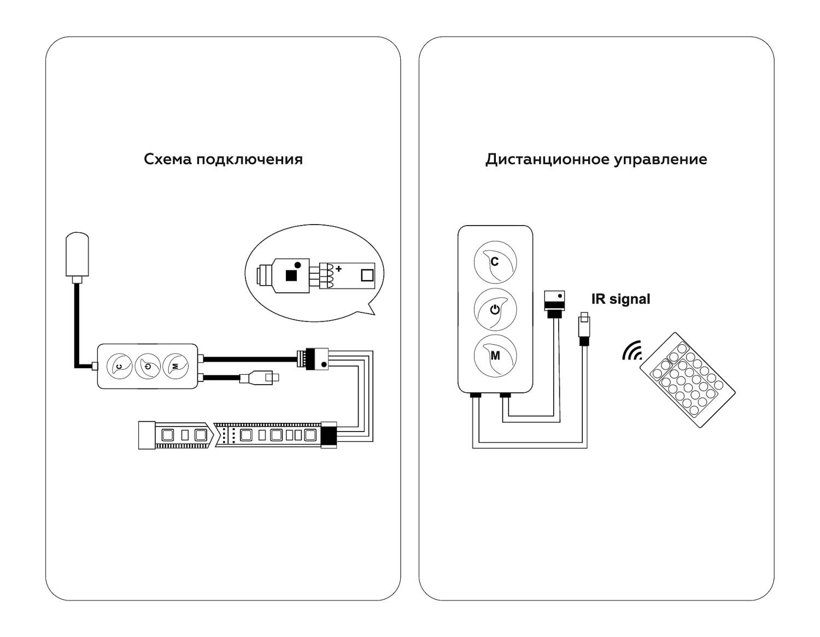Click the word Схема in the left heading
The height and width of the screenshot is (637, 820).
167,159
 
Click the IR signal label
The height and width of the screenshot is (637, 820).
620,299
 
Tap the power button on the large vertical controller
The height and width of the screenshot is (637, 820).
495,309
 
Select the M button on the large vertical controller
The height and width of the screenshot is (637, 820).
495,356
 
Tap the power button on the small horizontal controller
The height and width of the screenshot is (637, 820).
148,365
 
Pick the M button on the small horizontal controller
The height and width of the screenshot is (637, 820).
175,365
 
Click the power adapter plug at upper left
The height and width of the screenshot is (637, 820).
77,255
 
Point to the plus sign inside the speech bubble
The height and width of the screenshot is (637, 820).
339,269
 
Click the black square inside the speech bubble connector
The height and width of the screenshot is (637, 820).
291,275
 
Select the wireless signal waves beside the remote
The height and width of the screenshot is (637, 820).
632,351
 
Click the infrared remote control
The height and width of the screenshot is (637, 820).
688,379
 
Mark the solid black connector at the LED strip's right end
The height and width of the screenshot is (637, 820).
329,435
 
